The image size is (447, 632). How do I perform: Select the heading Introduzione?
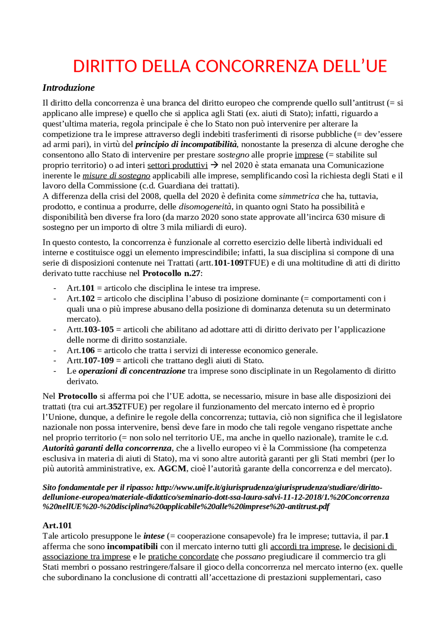pyautogui.click(x=68, y=88)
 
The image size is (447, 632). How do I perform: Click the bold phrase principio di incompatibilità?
pyautogui.click(x=186, y=144)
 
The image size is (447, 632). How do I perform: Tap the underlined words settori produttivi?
pyautogui.click(x=177, y=165)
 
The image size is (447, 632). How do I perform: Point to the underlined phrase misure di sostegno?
pyautogui.click(x=116, y=176)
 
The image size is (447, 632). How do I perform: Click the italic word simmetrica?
pyautogui.click(x=299, y=196)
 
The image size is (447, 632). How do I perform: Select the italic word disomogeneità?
pyautogui.click(x=205, y=207)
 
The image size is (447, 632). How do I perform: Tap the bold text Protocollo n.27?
pyautogui.click(x=171, y=273)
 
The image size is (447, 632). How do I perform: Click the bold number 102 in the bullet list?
pyautogui.click(x=88, y=299)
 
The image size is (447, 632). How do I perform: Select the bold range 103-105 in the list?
pyautogui.click(x=99, y=330)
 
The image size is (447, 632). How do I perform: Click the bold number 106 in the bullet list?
pyautogui.click(x=88, y=350)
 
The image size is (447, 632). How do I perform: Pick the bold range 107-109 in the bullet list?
pyautogui.click(x=99, y=360)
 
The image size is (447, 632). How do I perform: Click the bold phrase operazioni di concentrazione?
pyautogui.click(x=132, y=371)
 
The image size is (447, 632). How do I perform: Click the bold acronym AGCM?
pyautogui.click(x=172, y=469)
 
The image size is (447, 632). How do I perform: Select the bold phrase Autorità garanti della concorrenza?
pyautogui.click(x=107, y=448)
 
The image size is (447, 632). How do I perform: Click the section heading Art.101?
pyautogui.click(x=57, y=526)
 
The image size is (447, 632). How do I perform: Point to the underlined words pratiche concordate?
pyautogui.click(x=183, y=557)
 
